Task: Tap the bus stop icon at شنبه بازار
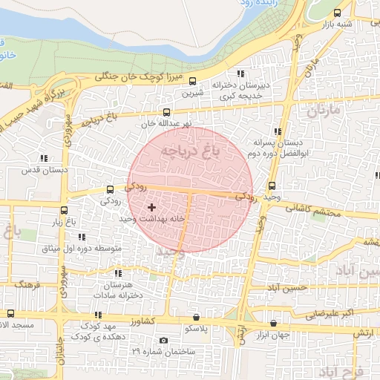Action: coord(338,13)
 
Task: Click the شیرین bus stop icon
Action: coord(193,82)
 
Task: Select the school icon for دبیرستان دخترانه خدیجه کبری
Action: coord(240,73)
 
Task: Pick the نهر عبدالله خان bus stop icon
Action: coord(166,112)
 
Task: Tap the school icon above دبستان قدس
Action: coord(44,157)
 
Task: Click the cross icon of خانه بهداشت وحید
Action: coord(152,207)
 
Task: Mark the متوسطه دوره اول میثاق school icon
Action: coord(82,237)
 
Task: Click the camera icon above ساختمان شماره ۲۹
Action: coord(163,341)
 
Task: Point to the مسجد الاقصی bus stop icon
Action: coord(10,313)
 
